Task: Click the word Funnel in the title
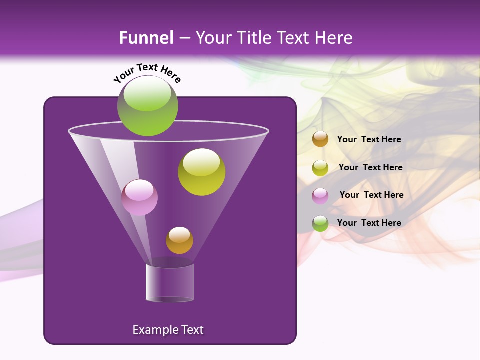click(x=146, y=38)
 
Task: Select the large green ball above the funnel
click(x=147, y=106)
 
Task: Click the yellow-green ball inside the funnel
click(x=201, y=172)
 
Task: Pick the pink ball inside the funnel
click(x=139, y=197)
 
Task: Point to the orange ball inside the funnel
click(x=179, y=240)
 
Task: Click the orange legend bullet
click(x=320, y=139)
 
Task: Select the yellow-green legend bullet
click(x=320, y=167)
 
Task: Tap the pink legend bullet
click(x=320, y=195)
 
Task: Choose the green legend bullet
click(x=320, y=223)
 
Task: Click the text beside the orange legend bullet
click(x=369, y=139)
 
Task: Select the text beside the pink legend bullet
click(x=371, y=195)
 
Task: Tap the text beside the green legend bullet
click(x=369, y=223)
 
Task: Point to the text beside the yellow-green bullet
click(x=370, y=167)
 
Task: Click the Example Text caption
click(x=168, y=330)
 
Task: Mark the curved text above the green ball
click(x=147, y=72)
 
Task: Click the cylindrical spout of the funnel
click(x=170, y=283)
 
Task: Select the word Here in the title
click(x=334, y=38)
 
